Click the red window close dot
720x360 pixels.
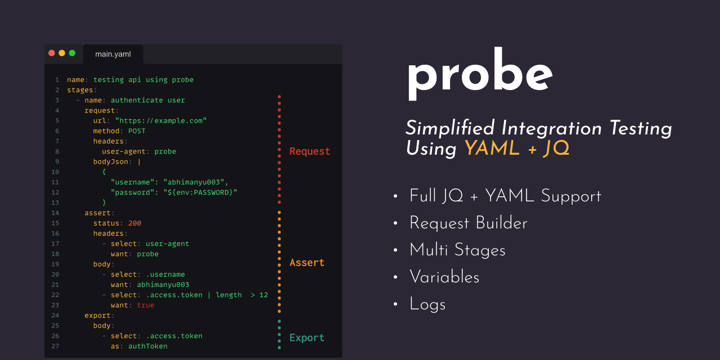click(52, 53)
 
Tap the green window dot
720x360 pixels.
click(72, 53)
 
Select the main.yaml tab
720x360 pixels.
click(113, 55)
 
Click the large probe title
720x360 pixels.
click(480, 75)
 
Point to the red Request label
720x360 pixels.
click(309, 151)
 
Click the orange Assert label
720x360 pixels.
click(307, 263)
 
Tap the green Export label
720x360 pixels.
click(307, 338)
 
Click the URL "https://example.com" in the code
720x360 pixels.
click(161, 121)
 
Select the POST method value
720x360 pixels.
click(137, 131)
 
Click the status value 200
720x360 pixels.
click(134, 223)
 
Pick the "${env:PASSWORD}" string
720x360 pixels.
click(200, 192)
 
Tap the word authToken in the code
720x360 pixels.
click(148, 346)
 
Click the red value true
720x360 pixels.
click(146, 305)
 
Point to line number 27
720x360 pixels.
click(55, 346)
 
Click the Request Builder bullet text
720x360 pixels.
click(468, 223)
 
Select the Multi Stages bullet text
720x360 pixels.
click(457, 250)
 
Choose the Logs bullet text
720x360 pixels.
click(427, 304)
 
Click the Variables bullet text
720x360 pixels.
click(444, 277)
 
